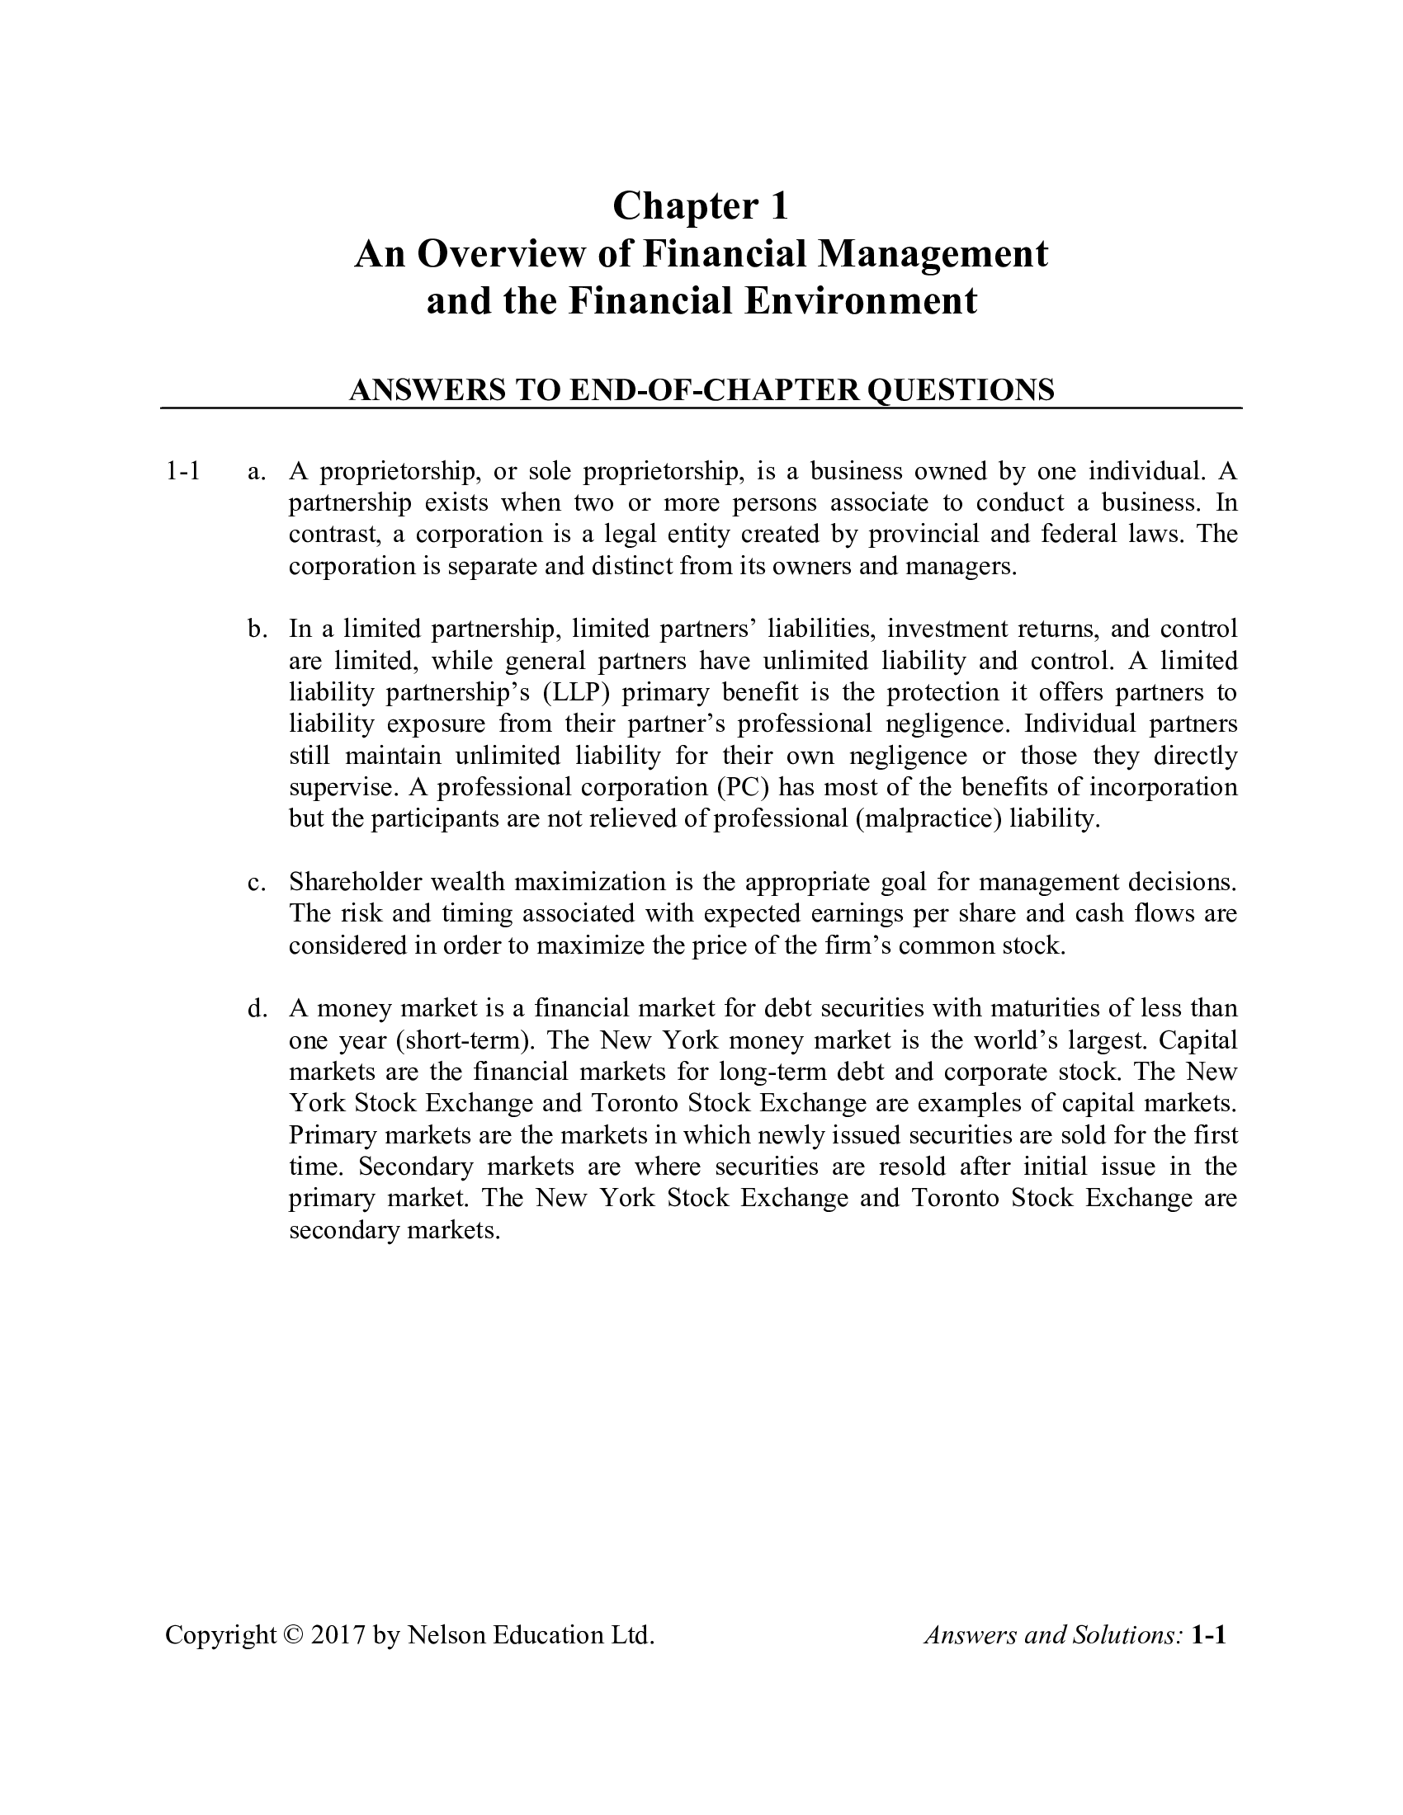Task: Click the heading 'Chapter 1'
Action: point(700,206)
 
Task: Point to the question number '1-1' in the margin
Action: point(183,472)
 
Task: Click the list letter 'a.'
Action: point(257,472)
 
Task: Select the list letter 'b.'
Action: point(257,629)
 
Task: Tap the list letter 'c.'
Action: point(257,882)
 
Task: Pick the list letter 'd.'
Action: point(257,1009)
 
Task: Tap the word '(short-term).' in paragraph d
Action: point(465,1040)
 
